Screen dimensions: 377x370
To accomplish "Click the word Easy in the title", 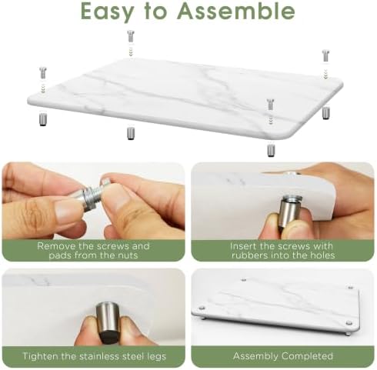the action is click(x=107, y=12).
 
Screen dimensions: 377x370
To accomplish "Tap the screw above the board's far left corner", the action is click(x=43, y=73).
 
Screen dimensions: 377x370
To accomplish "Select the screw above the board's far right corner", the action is click(x=325, y=55).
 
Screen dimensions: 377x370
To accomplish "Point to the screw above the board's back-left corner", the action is click(x=131, y=36).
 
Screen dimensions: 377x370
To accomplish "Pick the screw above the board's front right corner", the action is click(x=270, y=105).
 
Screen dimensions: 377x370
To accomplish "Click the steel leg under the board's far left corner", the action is click(x=43, y=119).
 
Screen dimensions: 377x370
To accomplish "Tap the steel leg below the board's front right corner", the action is click(x=271, y=150).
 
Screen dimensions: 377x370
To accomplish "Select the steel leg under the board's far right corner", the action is click(x=325, y=113).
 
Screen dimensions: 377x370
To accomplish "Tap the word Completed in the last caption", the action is click(x=307, y=356).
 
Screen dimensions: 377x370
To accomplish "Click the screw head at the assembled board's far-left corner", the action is click(x=202, y=308).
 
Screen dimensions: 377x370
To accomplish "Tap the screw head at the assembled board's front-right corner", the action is click(x=349, y=323).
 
